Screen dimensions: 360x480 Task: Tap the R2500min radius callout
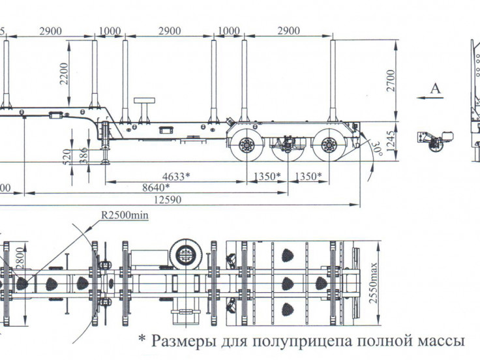[124, 214]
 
